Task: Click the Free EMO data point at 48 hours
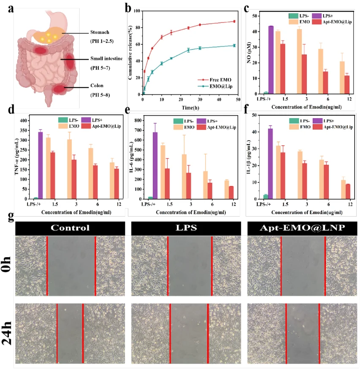(234, 22)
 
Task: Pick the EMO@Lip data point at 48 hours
(234, 46)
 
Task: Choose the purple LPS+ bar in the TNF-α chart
(41, 165)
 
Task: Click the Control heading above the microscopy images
(70, 228)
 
